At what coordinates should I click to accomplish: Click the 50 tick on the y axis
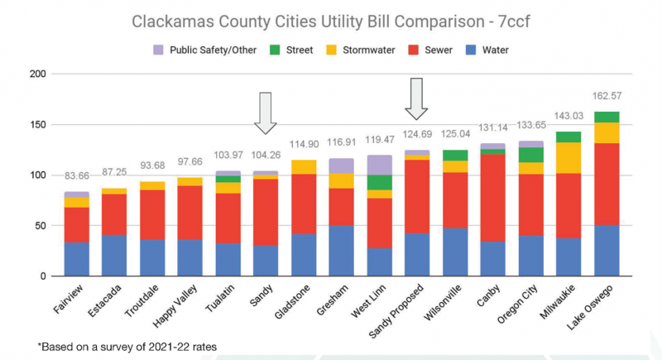click(38, 226)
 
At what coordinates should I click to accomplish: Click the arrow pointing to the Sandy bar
click(266, 113)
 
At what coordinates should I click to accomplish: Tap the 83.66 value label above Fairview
click(77, 176)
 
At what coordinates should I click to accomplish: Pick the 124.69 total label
click(417, 134)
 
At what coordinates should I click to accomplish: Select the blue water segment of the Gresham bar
click(341, 251)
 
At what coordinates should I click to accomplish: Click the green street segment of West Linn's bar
click(379, 182)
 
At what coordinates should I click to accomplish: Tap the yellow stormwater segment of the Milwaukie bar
click(569, 157)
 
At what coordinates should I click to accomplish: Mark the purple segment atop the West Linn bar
click(379, 165)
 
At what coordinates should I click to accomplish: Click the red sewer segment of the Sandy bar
click(266, 212)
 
